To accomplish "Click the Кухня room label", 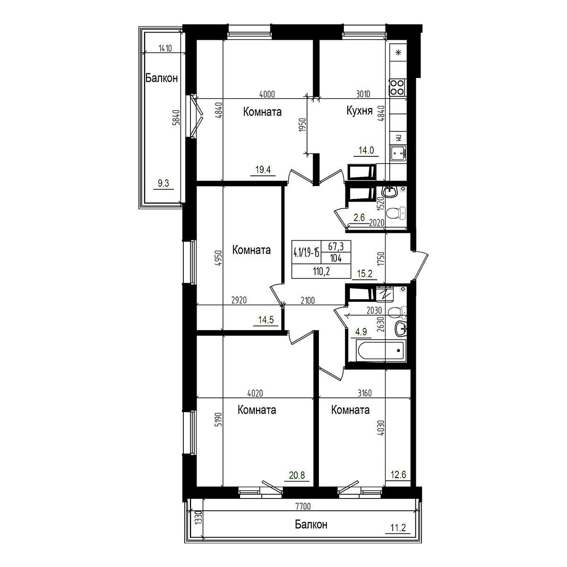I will point(360,111).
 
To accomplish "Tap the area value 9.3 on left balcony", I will point(163,184).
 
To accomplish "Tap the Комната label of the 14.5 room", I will point(251,249).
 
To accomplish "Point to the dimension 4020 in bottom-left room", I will point(255,393).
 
